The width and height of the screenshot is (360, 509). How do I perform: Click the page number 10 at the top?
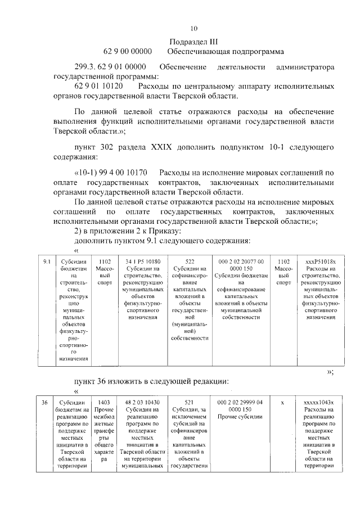[194, 28]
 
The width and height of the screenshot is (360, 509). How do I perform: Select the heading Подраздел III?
[193, 41]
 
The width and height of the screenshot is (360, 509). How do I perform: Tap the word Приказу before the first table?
[164, 231]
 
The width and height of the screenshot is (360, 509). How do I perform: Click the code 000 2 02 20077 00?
[240, 262]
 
